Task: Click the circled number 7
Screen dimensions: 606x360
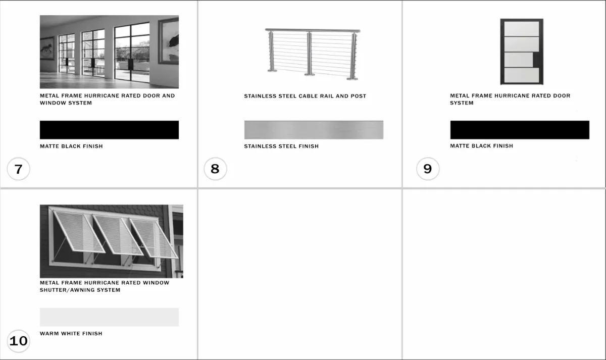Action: point(18,169)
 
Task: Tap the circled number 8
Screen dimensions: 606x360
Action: point(215,169)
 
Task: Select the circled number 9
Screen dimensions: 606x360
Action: point(428,169)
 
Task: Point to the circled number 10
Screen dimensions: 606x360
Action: point(18,341)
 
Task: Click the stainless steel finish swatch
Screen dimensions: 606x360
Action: point(314,130)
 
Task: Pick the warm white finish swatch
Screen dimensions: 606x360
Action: point(109,317)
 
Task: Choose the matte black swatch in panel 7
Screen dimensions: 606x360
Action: point(109,130)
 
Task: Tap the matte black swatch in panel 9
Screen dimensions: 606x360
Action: point(520,130)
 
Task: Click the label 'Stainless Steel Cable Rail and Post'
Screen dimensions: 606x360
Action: point(305,96)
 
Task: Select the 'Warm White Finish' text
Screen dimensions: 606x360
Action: point(71,334)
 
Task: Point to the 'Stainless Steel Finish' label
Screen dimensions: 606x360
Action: point(281,146)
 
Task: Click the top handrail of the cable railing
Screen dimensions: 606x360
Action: point(313,30)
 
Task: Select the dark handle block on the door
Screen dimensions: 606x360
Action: point(536,60)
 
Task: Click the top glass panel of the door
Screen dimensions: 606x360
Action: point(522,29)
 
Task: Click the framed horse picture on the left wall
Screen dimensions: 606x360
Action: point(47,48)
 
